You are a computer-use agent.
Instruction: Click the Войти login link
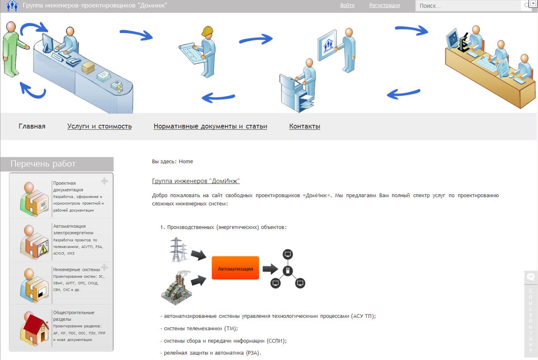(347, 5)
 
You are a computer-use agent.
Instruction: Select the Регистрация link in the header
(385, 5)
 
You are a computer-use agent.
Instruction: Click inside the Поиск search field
(468, 6)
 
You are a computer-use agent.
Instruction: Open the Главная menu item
(32, 126)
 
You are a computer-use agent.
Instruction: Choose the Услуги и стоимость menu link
(100, 126)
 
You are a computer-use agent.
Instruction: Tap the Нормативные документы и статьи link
(210, 126)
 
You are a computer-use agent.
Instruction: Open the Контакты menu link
(305, 126)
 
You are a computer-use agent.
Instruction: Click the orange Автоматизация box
(236, 268)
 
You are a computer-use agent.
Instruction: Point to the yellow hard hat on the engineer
(207, 31)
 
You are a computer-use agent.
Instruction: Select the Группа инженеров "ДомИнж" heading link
(196, 181)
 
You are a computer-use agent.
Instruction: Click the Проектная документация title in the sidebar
(68, 186)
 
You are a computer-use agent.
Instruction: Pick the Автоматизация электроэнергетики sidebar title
(73, 229)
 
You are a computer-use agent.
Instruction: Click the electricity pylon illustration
(178, 250)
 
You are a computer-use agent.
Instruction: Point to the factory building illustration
(177, 288)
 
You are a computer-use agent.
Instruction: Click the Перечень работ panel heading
(43, 164)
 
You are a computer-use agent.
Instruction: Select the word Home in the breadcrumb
(186, 162)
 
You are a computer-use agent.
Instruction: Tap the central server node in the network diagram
(288, 271)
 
